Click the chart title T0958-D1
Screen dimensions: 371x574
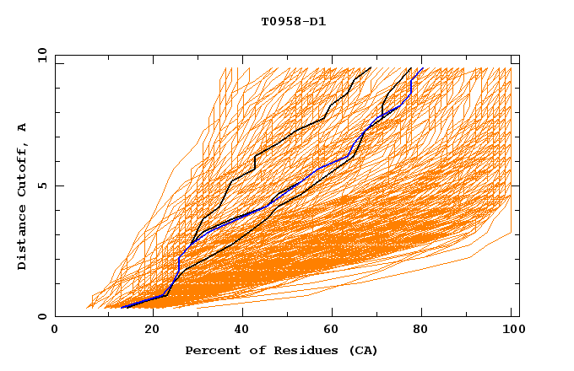pyautogui.click(x=293, y=22)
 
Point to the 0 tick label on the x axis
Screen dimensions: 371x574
pyautogui.click(x=55, y=330)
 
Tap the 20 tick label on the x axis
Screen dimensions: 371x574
pyautogui.click(x=146, y=330)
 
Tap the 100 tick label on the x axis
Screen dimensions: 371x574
pyautogui.click(x=511, y=330)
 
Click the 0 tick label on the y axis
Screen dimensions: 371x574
pyautogui.click(x=42, y=316)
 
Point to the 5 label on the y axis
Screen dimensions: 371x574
pyautogui.click(x=42, y=185)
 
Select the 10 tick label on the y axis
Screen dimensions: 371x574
pyautogui.click(x=40, y=55)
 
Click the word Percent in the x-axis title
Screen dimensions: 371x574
pyautogui.click(x=208, y=350)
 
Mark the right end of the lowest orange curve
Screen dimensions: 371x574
pyautogui.click(x=511, y=234)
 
